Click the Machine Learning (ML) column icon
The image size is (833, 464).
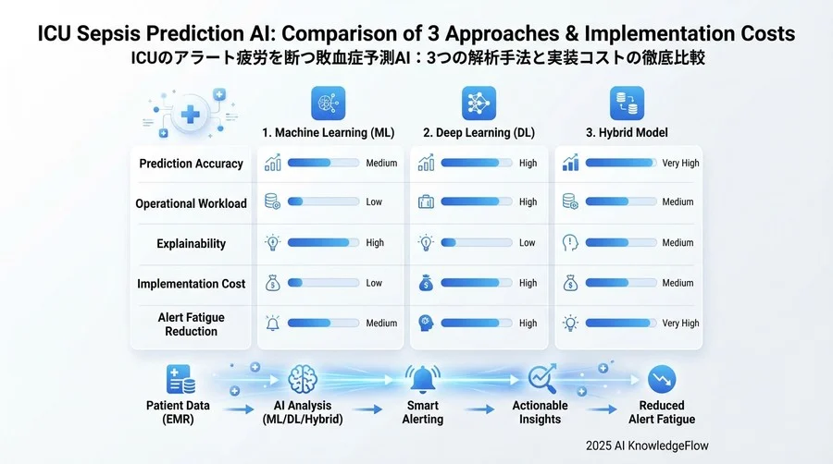pos(328,103)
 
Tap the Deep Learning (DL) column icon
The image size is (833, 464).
pos(479,103)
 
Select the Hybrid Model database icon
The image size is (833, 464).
pos(627,103)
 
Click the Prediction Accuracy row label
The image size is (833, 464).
pos(192,164)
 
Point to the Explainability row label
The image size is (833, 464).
pos(192,243)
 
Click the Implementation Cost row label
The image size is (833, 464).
pos(192,284)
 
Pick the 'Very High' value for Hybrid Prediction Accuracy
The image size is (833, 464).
pos(680,163)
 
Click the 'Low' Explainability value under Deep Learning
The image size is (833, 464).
pos(527,242)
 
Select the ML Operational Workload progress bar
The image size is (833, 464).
pos(323,201)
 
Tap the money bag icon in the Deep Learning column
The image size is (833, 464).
pos(426,283)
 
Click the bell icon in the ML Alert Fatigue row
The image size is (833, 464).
pos(272,323)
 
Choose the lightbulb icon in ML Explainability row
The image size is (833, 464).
pos(272,243)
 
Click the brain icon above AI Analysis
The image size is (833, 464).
pos(303,379)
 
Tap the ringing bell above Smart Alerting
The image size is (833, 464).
pos(423,379)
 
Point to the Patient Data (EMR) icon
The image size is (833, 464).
pos(180,379)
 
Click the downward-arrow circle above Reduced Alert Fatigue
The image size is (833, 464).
pos(662,379)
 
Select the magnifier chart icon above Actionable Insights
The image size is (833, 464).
pos(542,379)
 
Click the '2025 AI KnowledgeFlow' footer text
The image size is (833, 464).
pos(647,446)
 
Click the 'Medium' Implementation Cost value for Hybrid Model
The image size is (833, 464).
pos(678,283)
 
